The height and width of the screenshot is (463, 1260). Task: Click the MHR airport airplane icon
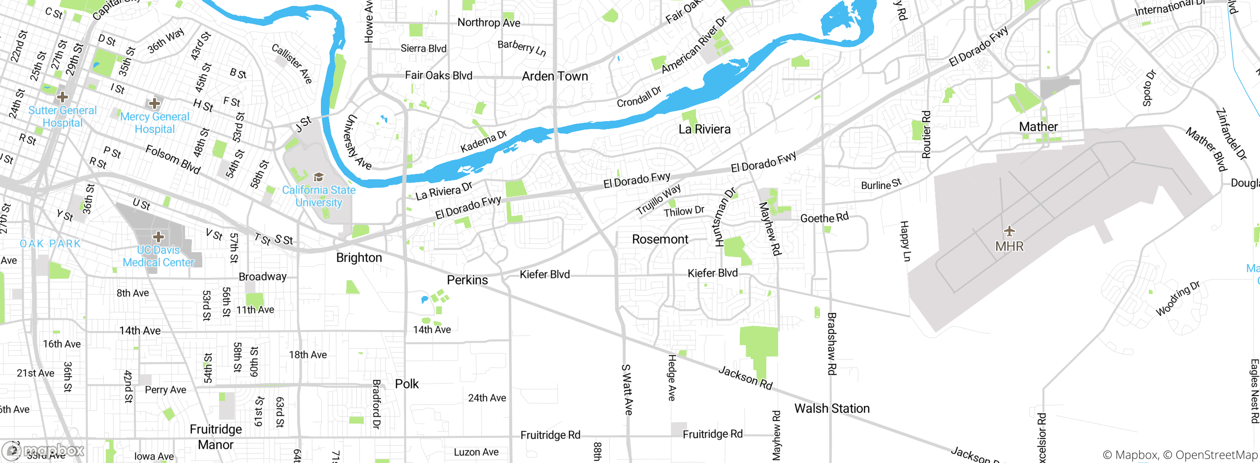[1009, 231]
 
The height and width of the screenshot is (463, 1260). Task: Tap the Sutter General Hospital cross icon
[63, 96]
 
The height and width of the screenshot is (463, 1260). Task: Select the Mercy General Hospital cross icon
[155, 103]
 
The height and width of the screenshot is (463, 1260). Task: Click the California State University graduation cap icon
[318, 177]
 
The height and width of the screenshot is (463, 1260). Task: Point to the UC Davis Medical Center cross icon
[158, 237]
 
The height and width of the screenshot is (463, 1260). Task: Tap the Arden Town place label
[555, 76]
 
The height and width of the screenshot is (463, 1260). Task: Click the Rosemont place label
[660, 239]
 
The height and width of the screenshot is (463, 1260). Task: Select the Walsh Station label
[832, 408]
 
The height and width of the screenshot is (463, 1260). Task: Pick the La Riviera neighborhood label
[704, 130]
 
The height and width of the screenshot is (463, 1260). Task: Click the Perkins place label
[467, 280]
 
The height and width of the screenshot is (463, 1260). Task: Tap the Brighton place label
[359, 258]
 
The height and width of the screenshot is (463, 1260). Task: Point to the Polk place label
[407, 384]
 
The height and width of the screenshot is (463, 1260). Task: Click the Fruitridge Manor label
[216, 437]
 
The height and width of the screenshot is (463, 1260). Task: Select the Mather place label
[1038, 127]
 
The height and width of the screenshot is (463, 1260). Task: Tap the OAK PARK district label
[50, 243]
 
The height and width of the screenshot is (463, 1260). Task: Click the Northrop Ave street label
[489, 22]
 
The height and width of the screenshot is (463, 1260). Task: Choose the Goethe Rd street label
[824, 218]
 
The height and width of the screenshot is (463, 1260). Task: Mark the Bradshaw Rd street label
[831, 343]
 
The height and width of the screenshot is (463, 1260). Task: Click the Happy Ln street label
[905, 241]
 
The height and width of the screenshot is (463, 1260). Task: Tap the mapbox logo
[43, 450]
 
